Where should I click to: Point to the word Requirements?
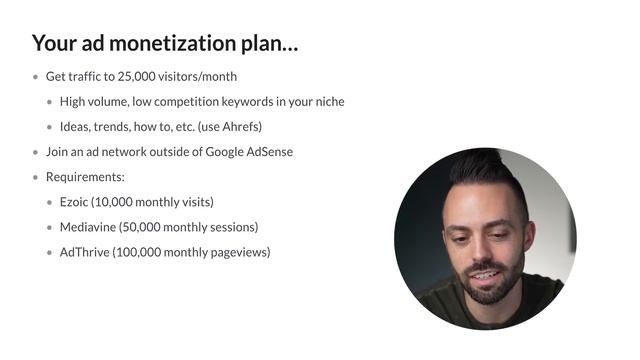(85, 177)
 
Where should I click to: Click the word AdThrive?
(85, 252)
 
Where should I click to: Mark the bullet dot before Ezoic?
(50, 202)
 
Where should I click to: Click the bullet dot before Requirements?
(36, 177)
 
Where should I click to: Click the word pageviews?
(240, 252)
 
